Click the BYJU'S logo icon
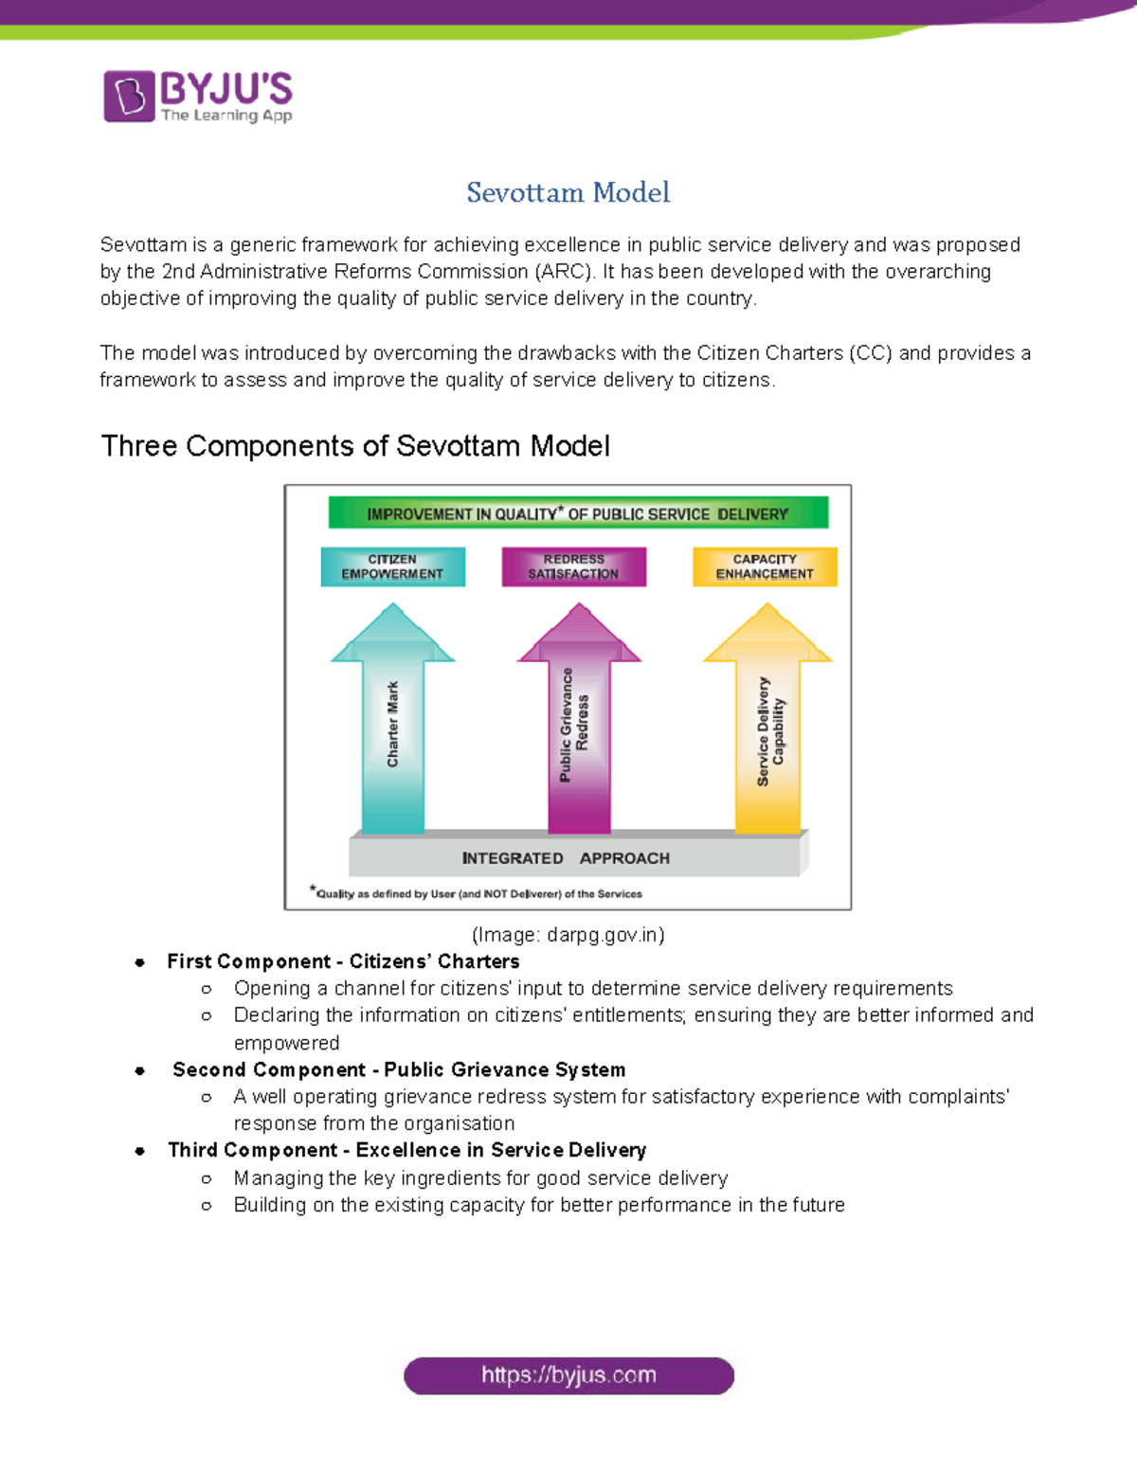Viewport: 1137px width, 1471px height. (129, 96)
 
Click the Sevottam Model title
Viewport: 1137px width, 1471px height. (568, 192)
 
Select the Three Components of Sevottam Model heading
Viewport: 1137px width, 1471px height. (355, 446)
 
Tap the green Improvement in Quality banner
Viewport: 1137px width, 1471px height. (578, 513)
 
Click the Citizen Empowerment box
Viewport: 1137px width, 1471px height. (392, 566)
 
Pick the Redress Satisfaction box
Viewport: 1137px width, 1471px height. (573, 566)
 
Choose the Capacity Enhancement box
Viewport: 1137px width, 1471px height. (765, 566)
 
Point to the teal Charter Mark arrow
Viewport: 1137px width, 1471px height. (393, 725)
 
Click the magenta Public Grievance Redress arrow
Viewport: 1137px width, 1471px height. (579, 725)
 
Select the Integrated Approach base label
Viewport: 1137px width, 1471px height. (566, 858)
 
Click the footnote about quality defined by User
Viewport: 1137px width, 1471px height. (478, 893)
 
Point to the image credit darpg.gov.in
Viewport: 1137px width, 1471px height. (568, 935)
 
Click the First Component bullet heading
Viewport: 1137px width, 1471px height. (343, 961)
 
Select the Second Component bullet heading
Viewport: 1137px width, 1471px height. (399, 1069)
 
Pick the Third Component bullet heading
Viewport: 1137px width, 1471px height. (406, 1150)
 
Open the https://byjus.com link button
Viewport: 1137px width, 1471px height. (568, 1375)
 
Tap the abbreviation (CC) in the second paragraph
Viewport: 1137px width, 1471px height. (870, 353)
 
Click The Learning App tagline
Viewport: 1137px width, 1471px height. (226, 116)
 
